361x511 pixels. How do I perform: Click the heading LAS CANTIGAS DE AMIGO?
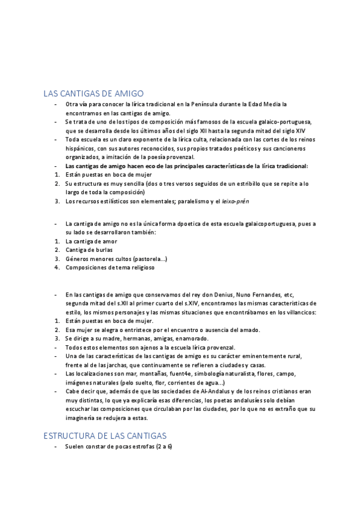click(x=93, y=93)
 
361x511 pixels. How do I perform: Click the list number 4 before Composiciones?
click(x=56, y=268)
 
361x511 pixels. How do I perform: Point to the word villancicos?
click(x=295, y=312)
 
